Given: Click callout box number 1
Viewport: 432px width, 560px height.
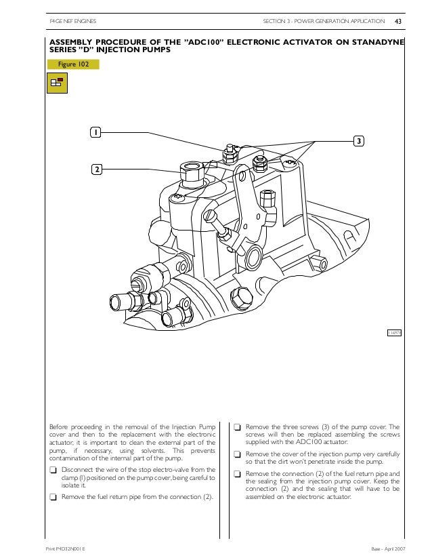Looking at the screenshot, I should pyautogui.click(x=97, y=132).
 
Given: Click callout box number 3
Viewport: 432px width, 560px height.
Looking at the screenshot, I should pyautogui.click(x=358, y=141).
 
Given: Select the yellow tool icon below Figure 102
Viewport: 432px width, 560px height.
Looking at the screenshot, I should pyautogui.click(x=56, y=83).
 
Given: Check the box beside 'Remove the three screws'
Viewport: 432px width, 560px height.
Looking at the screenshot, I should pyautogui.click(x=238, y=428).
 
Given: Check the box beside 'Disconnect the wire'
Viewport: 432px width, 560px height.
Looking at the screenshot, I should pyautogui.click(x=53, y=470).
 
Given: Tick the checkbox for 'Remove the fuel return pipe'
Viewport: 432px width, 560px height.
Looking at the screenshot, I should pyautogui.click(x=53, y=496).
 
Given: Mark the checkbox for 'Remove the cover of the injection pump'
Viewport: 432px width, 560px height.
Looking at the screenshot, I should pyautogui.click(x=238, y=454).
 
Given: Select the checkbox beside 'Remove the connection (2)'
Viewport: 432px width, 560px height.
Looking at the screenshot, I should pyautogui.click(x=238, y=473).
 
